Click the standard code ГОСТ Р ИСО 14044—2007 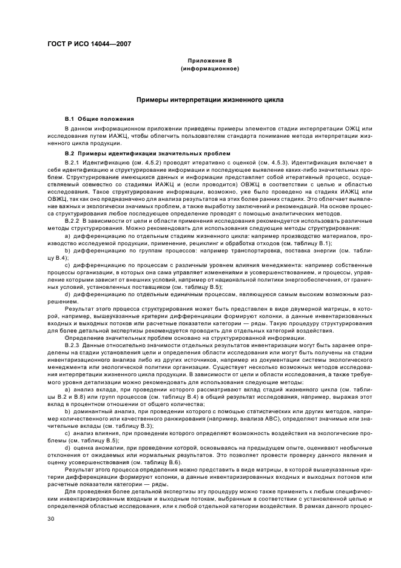[89, 44]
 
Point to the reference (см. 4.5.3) [263, 163]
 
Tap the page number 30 [52, 519]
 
